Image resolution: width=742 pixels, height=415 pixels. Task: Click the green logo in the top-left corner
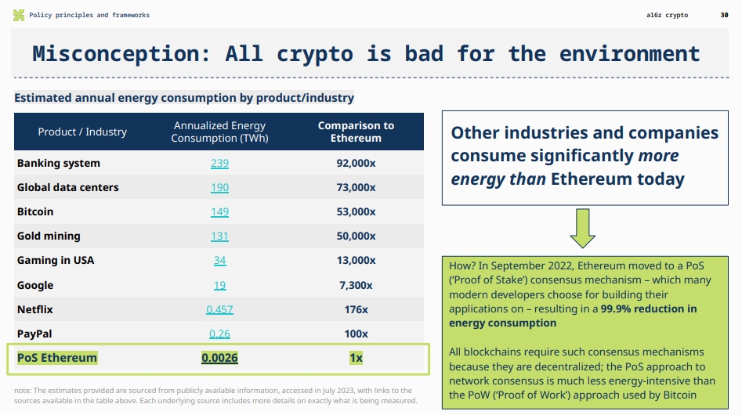[x=19, y=15]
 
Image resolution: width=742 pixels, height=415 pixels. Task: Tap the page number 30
[x=723, y=15]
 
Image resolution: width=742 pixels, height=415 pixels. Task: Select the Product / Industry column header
[x=82, y=132]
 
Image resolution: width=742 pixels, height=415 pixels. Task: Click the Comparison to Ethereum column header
[x=356, y=132]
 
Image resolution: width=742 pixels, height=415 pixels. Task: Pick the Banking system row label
[x=59, y=163]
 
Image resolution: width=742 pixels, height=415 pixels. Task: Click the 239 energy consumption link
[x=219, y=163]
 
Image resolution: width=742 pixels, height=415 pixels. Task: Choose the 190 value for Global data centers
[x=219, y=187]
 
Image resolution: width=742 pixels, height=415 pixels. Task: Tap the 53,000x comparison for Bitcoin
[x=356, y=211]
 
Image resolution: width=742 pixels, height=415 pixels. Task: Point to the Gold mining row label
[x=49, y=236]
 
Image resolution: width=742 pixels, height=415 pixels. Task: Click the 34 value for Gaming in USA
[x=219, y=260]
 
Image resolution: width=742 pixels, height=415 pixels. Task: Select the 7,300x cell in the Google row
[x=356, y=285]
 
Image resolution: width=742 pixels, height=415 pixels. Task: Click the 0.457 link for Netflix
[x=219, y=309]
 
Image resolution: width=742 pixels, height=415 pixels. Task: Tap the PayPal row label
[x=35, y=334]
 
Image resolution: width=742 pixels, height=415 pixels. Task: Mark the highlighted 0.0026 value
[x=219, y=358]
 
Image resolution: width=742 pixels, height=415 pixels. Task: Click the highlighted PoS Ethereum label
[x=57, y=358]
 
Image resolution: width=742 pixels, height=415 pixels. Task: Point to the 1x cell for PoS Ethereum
[x=356, y=358]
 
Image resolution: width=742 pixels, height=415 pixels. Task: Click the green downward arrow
[x=581, y=228]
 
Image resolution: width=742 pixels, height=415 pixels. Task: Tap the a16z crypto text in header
[x=671, y=15]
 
